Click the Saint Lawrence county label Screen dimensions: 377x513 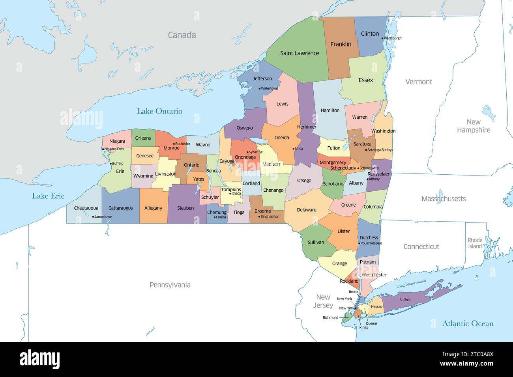300,53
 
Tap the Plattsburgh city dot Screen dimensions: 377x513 382,38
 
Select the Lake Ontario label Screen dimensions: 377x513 159,111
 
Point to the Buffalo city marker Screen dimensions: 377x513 111,164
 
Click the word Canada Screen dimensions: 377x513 182,35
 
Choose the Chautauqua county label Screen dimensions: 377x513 86,208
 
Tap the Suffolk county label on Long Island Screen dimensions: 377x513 405,300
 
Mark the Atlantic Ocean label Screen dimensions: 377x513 468,324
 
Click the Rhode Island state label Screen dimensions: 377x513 475,243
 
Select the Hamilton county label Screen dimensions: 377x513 330,110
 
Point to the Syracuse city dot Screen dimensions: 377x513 247,152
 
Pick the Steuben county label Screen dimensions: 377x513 185,208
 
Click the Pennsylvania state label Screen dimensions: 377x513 170,285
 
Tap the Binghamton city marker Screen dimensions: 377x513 259,216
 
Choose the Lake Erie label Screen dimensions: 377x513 48,196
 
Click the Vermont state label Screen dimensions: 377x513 419,82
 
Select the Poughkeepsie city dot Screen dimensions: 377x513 359,243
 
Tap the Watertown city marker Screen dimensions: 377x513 259,88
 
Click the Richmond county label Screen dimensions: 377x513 330,317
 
